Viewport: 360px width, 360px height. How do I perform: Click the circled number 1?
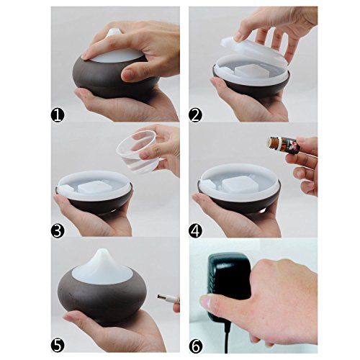[58, 115]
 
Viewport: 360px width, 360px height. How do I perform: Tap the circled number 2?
[195, 115]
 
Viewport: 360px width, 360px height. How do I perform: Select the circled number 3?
[58, 230]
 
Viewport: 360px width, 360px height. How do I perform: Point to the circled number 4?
[195, 230]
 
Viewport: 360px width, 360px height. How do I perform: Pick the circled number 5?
[58, 346]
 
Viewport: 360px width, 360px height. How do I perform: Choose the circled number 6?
[195, 346]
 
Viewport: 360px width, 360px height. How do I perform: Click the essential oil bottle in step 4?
[284, 145]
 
